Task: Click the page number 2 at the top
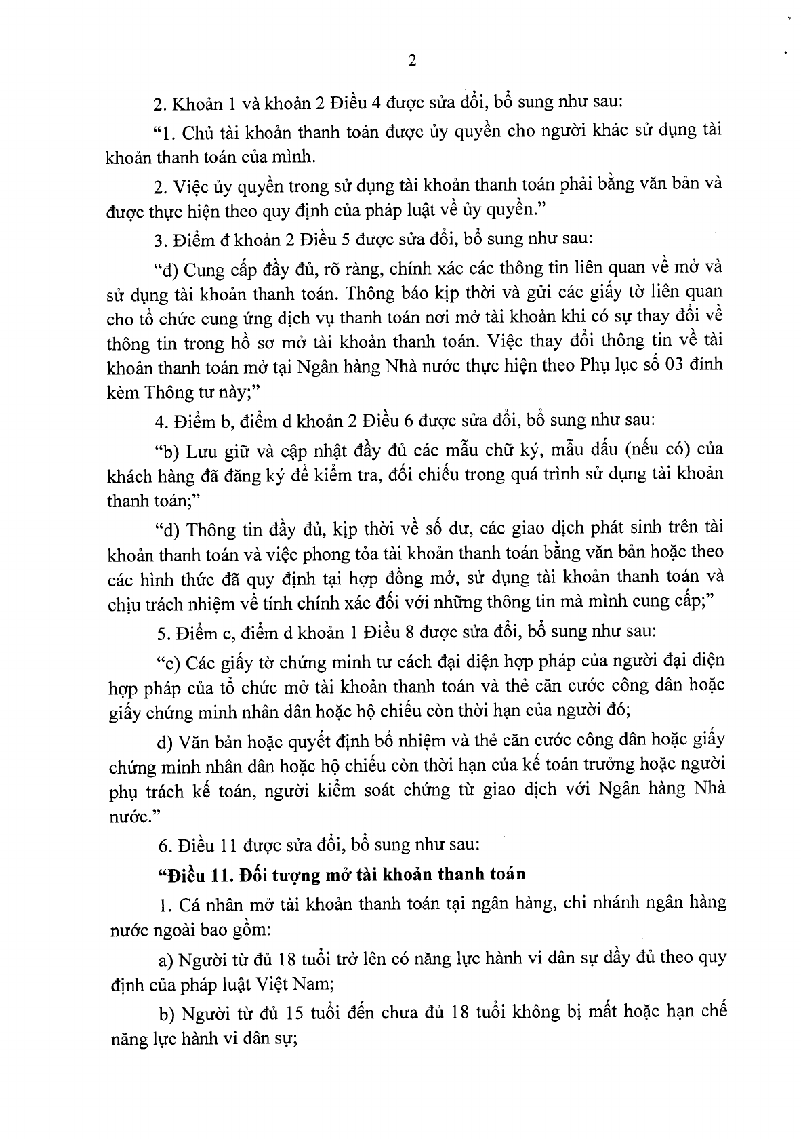[x=413, y=60]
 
